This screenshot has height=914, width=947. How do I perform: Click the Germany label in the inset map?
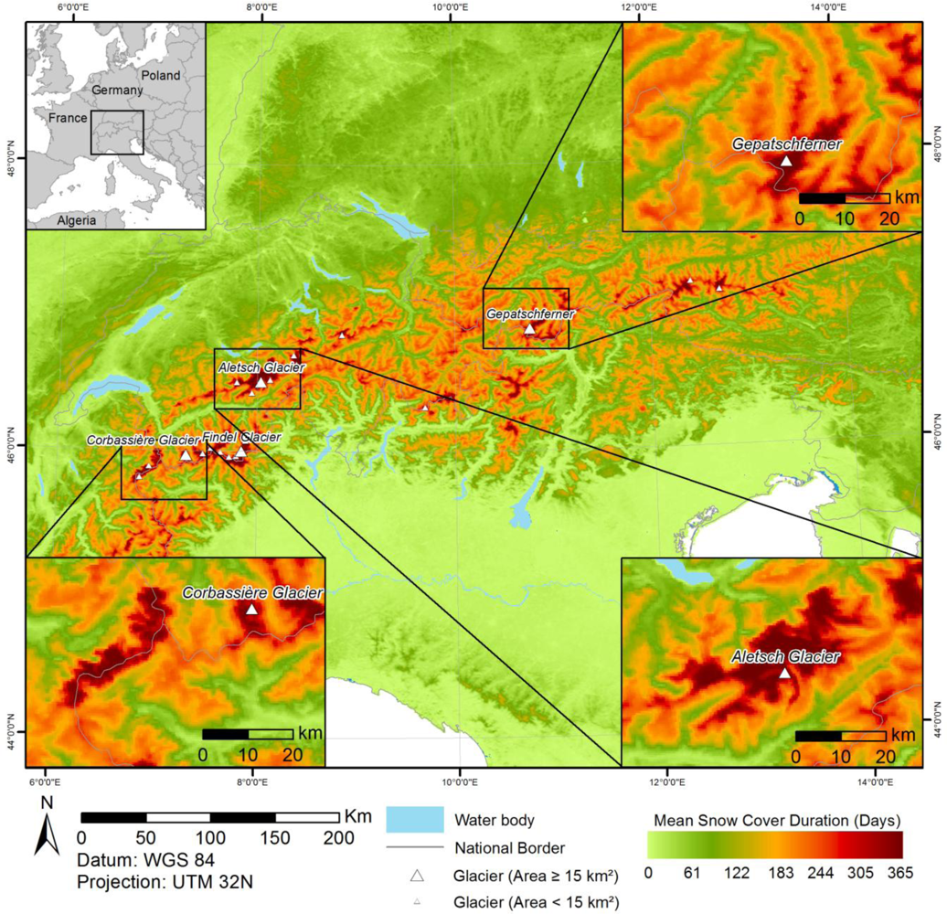[x=117, y=91]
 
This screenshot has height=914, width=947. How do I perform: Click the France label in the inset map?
[x=69, y=119]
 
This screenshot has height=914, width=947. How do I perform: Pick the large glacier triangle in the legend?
[x=419, y=877]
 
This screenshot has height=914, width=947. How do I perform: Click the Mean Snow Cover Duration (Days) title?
[x=777, y=817]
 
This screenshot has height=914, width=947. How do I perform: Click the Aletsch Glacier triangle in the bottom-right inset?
[x=784, y=673]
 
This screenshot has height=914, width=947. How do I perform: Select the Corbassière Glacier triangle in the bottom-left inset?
[x=252, y=609]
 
